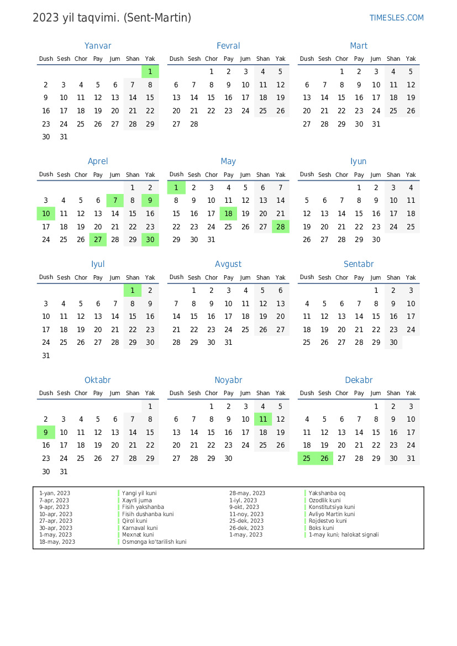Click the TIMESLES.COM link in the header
point(396,18)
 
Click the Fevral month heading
point(228,46)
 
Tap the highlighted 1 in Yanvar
point(150,72)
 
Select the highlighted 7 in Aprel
point(115,201)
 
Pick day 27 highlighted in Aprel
point(98,240)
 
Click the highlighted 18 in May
point(228,214)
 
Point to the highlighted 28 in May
point(280,227)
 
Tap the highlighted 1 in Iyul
point(133,291)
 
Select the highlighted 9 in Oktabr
point(46,433)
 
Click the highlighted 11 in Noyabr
point(263,419)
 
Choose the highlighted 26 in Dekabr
point(324,459)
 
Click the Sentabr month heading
point(359,264)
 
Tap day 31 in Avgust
point(228,343)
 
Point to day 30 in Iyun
point(376,240)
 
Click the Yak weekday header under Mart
point(411,59)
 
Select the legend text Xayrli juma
point(137,500)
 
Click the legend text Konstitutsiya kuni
point(332,507)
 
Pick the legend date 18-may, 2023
point(57,542)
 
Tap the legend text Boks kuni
point(321,528)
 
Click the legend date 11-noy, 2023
point(246,514)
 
